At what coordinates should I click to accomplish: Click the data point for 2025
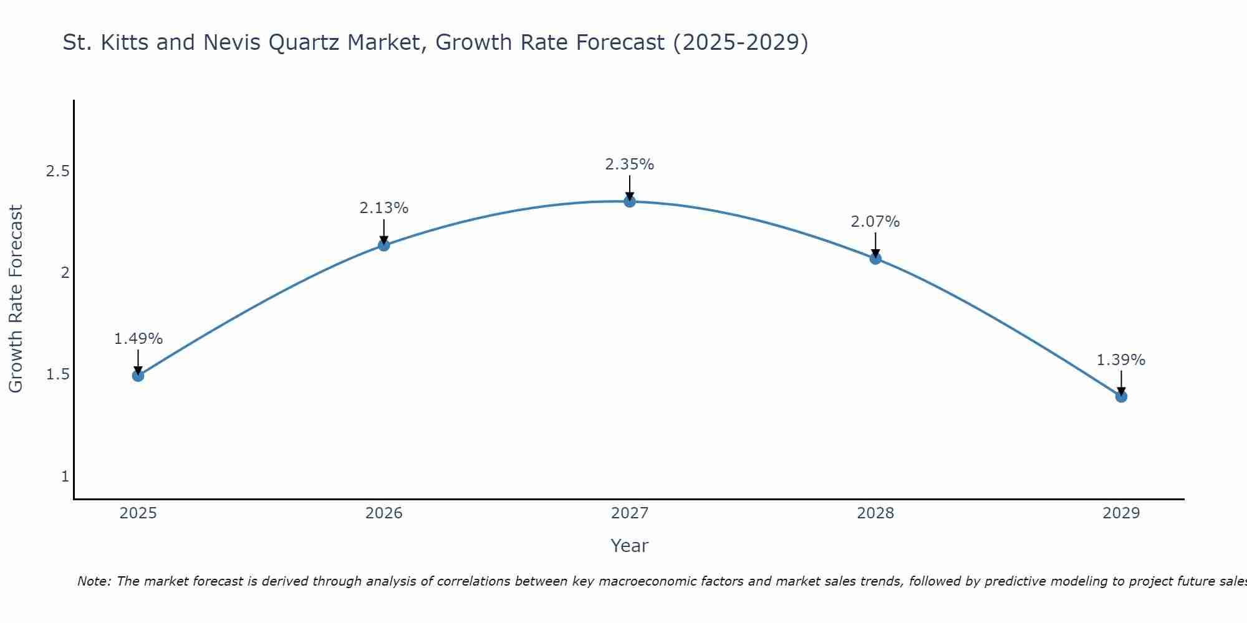tap(138, 376)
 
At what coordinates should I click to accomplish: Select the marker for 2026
tap(384, 245)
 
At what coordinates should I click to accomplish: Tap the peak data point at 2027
tap(630, 201)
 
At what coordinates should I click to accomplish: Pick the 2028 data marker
tap(875, 259)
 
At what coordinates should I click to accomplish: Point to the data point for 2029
tap(1121, 396)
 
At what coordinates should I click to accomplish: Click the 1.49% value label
tap(138, 339)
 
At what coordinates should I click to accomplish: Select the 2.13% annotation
tap(384, 208)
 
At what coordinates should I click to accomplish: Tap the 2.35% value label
tap(630, 164)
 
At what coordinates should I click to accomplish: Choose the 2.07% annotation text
tap(875, 222)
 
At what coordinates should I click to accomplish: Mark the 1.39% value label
tap(1121, 360)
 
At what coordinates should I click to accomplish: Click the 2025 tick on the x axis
tap(138, 513)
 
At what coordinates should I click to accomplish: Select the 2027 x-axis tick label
tap(630, 513)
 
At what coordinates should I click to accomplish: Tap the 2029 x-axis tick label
tap(1121, 513)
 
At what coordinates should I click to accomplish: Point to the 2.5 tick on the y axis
tap(57, 171)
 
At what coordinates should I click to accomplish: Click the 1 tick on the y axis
tap(65, 477)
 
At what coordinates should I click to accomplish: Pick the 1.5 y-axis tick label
tap(57, 374)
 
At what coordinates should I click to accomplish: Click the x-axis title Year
tap(630, 546)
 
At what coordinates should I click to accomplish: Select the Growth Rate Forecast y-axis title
tap(16, 299)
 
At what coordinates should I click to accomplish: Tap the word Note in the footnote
tap(94, 581)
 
